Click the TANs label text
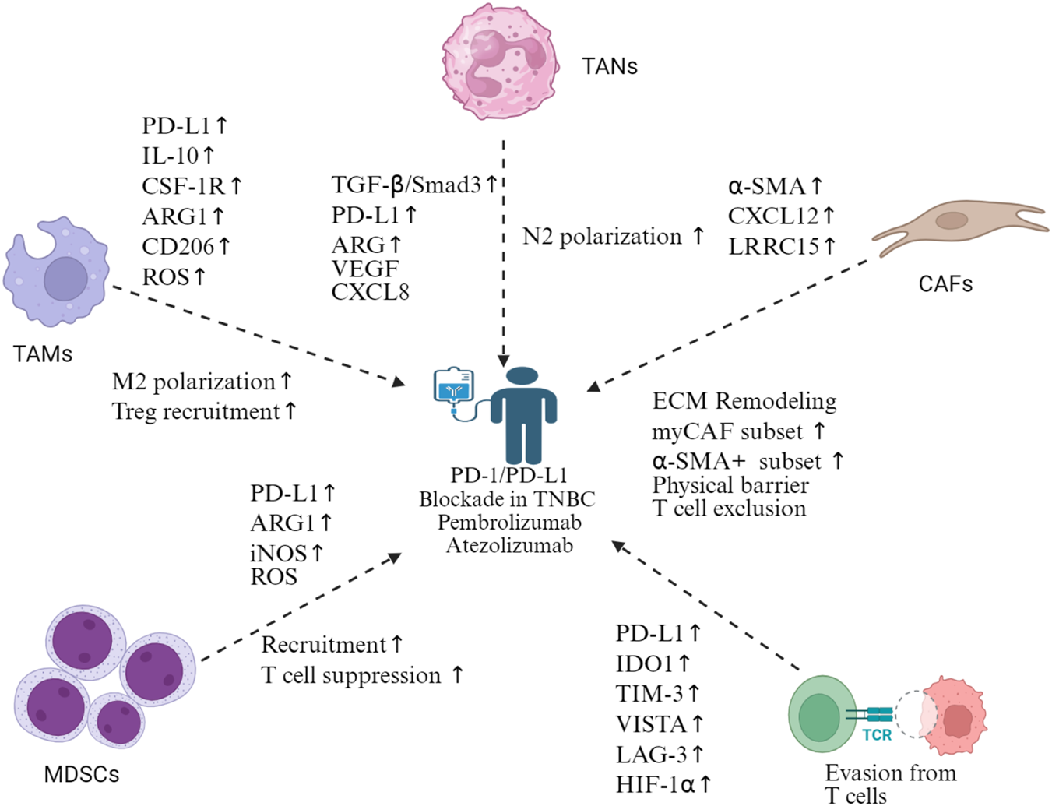pos(609,67)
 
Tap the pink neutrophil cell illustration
pos(500,62)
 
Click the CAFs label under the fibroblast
pos(945,284)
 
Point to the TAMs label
pos(43,354)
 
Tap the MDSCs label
pos(82,774)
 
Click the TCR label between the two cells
pos(877,734)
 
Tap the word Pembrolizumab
pos(509,523)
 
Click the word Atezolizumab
pos(509,546)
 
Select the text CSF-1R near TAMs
pos(183,187)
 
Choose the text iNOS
pos(278,554)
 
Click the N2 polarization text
pos(602,237)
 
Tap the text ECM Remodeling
pos(744,402)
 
